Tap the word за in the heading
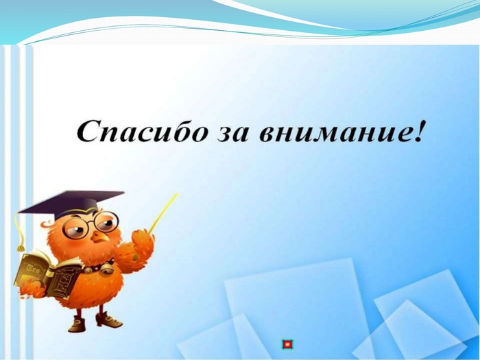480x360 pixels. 232,134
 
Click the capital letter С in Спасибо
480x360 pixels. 88,131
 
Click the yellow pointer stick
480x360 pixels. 163,213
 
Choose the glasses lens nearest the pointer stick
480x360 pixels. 106,221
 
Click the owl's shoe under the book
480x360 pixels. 77,324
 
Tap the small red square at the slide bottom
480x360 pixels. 287,344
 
